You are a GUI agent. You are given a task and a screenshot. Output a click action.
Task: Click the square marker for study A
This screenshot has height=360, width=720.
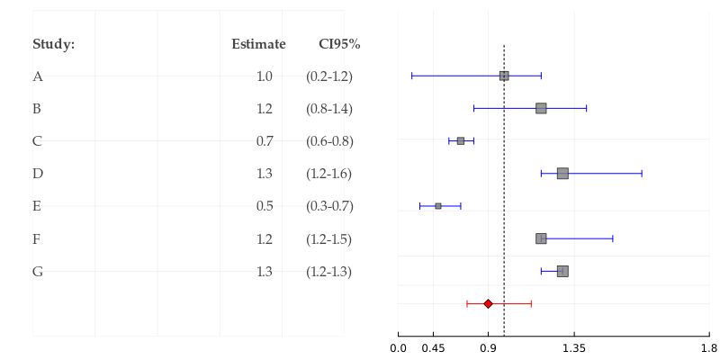[x=504, y=76]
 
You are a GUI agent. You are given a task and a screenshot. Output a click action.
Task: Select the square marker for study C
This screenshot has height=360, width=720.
[x=461, y=140]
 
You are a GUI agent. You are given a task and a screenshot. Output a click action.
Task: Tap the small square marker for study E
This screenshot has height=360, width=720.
[x=438, y=206]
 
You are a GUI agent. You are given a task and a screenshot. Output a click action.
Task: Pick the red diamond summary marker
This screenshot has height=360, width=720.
[x=488, y=303]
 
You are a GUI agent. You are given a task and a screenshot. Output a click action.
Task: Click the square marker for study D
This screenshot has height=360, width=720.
[x=562, y=173]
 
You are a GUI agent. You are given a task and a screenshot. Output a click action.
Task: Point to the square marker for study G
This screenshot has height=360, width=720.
[x=562, y=271]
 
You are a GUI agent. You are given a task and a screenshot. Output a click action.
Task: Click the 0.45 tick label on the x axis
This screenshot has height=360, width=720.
[x=432, y=348]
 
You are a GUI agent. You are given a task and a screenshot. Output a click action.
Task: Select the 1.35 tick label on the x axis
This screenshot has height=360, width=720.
[x=573, y=348]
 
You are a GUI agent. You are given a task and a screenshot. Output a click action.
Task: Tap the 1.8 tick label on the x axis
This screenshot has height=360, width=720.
[x=708, y=348]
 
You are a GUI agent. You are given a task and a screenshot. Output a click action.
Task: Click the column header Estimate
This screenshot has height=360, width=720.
[x=258, y=44]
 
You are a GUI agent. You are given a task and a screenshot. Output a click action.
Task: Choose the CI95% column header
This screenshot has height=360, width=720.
[x=339, y=44]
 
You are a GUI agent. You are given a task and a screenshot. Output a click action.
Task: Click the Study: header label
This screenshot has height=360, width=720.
[x=53, y=44]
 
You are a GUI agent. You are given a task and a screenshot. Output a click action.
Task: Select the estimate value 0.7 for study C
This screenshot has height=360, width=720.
[x=265, y=141]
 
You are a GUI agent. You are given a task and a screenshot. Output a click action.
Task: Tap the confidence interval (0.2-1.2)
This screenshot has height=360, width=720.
[x=329, y=76]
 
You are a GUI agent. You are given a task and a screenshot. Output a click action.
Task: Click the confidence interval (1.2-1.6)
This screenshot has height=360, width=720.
[x=329, y=174]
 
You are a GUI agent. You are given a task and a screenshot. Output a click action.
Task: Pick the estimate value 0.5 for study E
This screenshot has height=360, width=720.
[x=265, y=206]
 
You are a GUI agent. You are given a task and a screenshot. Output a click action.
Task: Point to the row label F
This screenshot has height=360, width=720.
[x=37, y=238]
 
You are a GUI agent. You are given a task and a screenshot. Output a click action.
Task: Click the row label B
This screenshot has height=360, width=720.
[x=37, y=109]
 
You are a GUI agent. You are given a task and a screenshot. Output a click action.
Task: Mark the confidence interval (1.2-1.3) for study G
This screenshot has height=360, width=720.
[x=329, y=271]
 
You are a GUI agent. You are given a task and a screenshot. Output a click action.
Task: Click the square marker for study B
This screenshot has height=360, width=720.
[x=541, y=108]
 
